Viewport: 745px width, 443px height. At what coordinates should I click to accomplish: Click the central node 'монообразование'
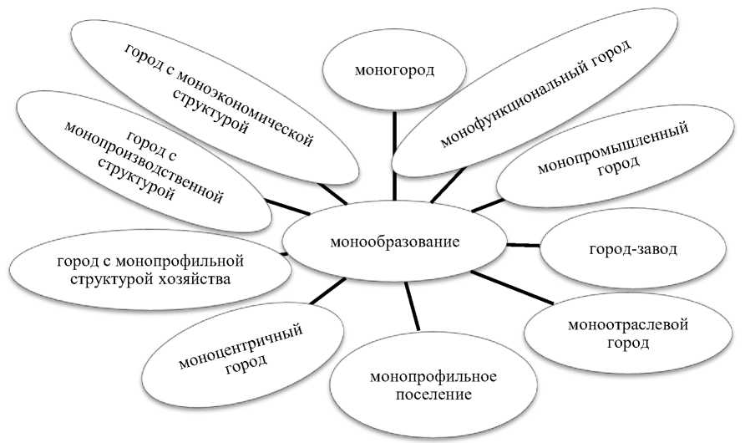(395, 243)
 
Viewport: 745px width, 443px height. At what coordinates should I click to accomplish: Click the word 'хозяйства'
(200, 278)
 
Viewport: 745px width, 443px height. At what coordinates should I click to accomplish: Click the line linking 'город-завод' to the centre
(525, 245)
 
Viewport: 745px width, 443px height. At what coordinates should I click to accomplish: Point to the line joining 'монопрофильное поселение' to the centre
(411, 305)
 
